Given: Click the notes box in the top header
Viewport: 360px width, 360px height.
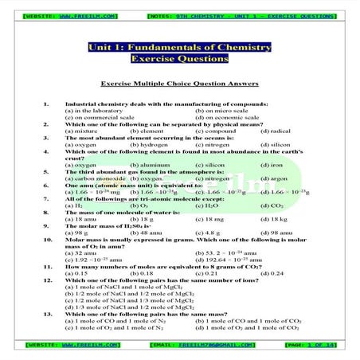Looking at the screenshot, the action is [x=241, y=15].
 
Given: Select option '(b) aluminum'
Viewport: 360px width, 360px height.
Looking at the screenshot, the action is [x=147, y=165].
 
